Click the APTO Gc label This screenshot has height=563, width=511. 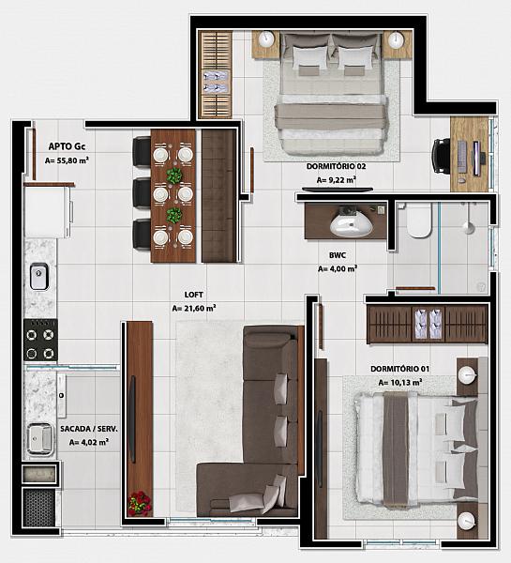click(x=68, y=146)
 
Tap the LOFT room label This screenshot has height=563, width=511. click(x=194, y=295)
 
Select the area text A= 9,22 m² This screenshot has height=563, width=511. click(x=337, y=180)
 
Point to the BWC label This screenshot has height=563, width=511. click(x=338, y=255)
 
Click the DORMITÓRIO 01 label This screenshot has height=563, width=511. click(x=399, y=369)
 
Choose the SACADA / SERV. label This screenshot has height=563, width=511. click(x=89, y=429)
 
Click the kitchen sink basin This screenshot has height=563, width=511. click(x=39, y=276)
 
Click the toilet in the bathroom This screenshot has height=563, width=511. click(x=419, y=221)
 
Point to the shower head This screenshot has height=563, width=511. click(x=468, y=228)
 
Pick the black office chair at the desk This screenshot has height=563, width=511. click(x=441, y=157)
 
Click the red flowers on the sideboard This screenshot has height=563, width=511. click(x=141, y=503)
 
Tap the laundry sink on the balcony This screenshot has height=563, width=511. click(x=39, y=439)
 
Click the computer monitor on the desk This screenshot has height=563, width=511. click(x=476, y=159)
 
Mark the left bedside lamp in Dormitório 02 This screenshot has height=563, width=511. click(x=266, y=38)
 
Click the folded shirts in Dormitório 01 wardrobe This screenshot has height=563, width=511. click(x=428, y=325)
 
